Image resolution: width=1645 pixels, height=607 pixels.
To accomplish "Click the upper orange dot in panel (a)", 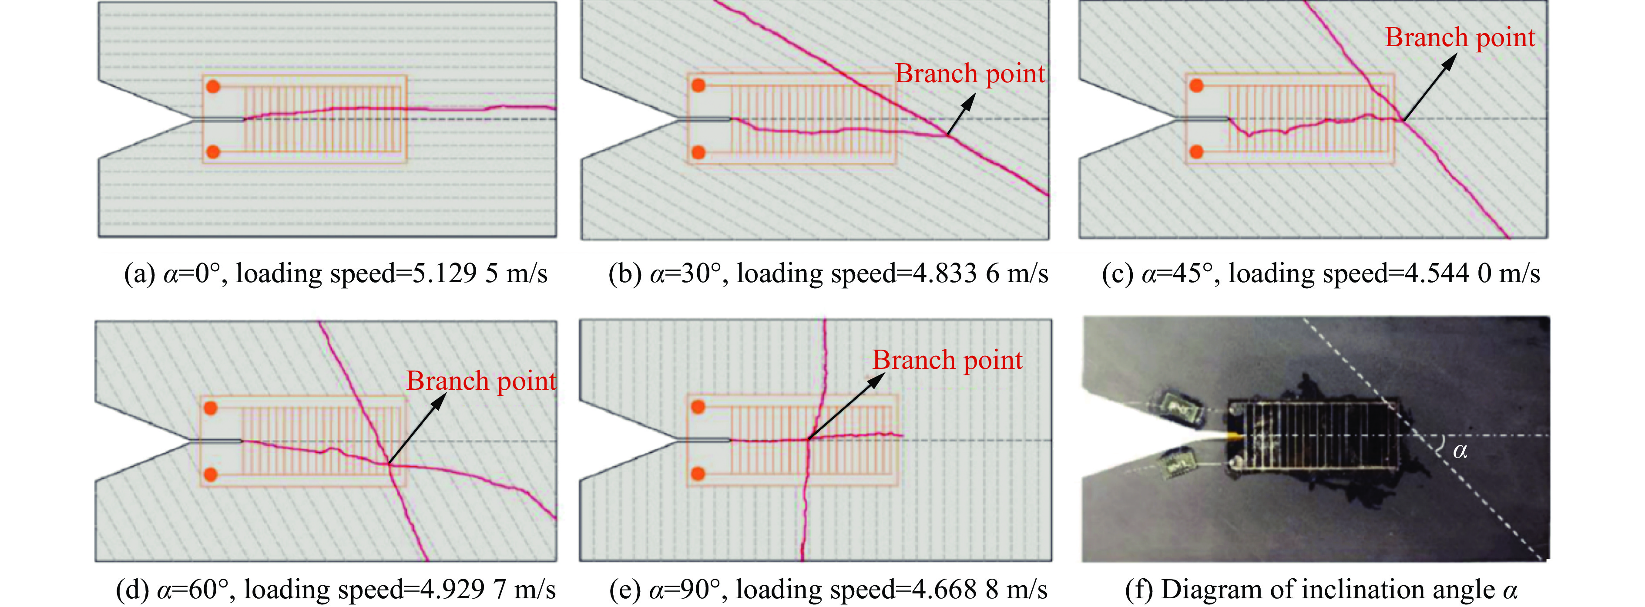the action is (x=213, y=86).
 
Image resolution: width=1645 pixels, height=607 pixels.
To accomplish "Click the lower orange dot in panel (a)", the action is (x=213, y=152).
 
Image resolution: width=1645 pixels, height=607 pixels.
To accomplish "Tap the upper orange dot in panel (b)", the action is (x=698, y=85).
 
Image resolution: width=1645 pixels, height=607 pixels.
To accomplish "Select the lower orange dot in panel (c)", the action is (x=1197, y=152).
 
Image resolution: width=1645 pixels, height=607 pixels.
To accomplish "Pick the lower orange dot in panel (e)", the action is (x=698, y=473).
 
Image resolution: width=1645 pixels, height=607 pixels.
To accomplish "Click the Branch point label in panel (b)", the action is (x=970, y=74).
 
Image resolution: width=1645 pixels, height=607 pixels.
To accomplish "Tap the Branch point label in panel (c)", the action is (x=1460, y=38).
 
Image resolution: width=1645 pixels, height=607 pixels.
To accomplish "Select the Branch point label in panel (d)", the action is (x=481, y=381).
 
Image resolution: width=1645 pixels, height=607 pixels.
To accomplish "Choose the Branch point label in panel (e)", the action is (x=948, y=361).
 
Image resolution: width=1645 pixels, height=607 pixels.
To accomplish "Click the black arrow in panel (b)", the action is (x=962, y=115).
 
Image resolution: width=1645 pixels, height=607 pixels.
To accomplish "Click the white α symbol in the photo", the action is (x=1460, y=451).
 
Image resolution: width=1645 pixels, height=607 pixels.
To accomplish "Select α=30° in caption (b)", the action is (x=685, y=273).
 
